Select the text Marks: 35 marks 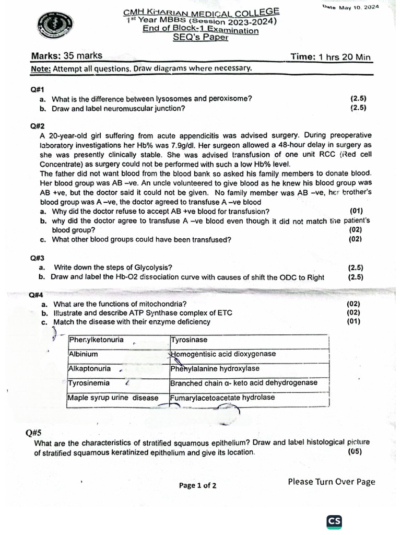[67, 56]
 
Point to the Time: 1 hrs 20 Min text [331, 57]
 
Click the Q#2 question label [38, 126]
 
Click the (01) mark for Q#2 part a [356, 211]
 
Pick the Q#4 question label [36, 295]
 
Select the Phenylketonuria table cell [97, 340]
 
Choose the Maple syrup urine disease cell [113, 398]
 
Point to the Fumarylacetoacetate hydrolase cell [222, 398]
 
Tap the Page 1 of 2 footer [197, 485]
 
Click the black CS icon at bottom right [334, 521]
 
